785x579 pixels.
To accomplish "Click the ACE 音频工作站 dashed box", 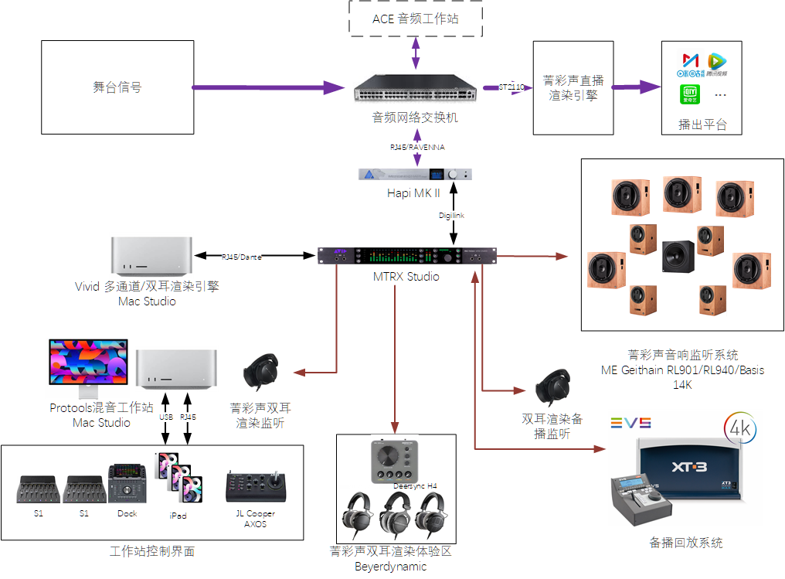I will (416, 19).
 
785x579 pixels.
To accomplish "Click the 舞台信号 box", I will (117, 87).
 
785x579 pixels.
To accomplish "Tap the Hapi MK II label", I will (413, 193).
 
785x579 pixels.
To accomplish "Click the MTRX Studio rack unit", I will (407, 257).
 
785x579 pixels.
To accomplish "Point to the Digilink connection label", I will (451, 216).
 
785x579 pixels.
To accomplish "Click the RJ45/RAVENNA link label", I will (417, 147).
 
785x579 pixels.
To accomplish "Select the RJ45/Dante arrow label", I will (241, 256).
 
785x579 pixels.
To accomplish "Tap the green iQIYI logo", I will (690, 94).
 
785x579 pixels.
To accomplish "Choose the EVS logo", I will (630, 423).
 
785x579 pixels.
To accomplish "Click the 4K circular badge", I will (740, 427).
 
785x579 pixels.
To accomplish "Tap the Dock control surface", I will (124, 485).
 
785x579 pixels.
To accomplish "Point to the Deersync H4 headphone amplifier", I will (394, 461).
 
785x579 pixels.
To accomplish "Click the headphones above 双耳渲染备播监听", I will (552, 387).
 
